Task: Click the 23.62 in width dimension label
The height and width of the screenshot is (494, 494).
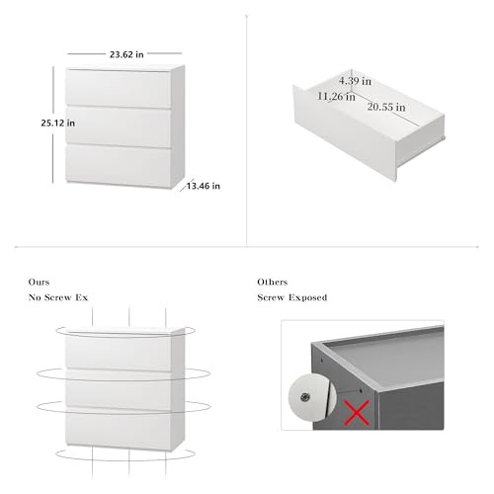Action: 126,54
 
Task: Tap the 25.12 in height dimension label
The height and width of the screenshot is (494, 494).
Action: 58,123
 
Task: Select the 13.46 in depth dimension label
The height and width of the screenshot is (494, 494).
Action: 204,186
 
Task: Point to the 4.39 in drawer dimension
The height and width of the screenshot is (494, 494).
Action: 355,81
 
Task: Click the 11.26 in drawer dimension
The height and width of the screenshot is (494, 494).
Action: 336,97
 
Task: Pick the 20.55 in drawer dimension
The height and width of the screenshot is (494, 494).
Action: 386,107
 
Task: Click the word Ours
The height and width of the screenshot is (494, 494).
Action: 39,282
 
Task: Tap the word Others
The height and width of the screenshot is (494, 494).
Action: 273,282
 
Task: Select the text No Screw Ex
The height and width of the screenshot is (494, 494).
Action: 58,297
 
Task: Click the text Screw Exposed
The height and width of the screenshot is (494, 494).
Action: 292,297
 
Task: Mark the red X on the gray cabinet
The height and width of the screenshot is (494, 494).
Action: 357,412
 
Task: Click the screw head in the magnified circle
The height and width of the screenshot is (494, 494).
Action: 305,397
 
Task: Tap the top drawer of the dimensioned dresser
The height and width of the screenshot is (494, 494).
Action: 119,88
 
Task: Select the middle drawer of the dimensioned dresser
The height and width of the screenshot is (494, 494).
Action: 119,126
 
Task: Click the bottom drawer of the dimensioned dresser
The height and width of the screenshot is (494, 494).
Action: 119,164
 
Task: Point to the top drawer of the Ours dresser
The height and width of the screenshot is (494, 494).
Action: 119,353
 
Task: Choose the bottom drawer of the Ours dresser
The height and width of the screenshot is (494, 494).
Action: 119,428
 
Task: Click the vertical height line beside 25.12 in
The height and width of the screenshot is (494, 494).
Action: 53,124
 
